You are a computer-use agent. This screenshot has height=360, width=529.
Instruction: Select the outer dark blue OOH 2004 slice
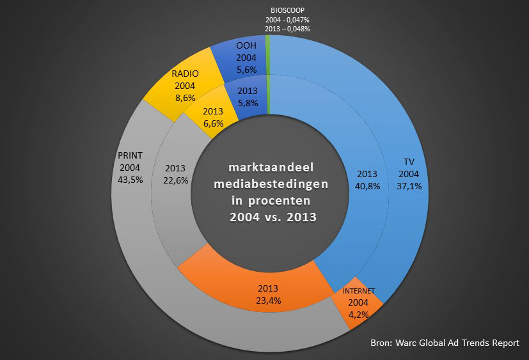point(237,48)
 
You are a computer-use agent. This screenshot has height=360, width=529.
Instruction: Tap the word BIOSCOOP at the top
point(287,10)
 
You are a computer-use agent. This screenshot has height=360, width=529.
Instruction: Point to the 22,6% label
point(176,180)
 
